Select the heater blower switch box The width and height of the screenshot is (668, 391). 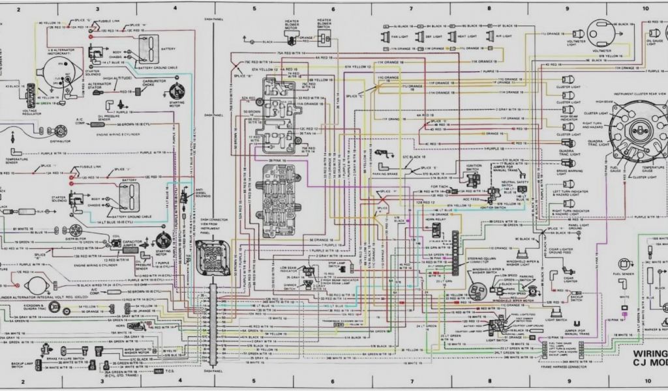(x=324, y=38)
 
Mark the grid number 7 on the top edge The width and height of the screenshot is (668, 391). (x=411, y=9)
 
